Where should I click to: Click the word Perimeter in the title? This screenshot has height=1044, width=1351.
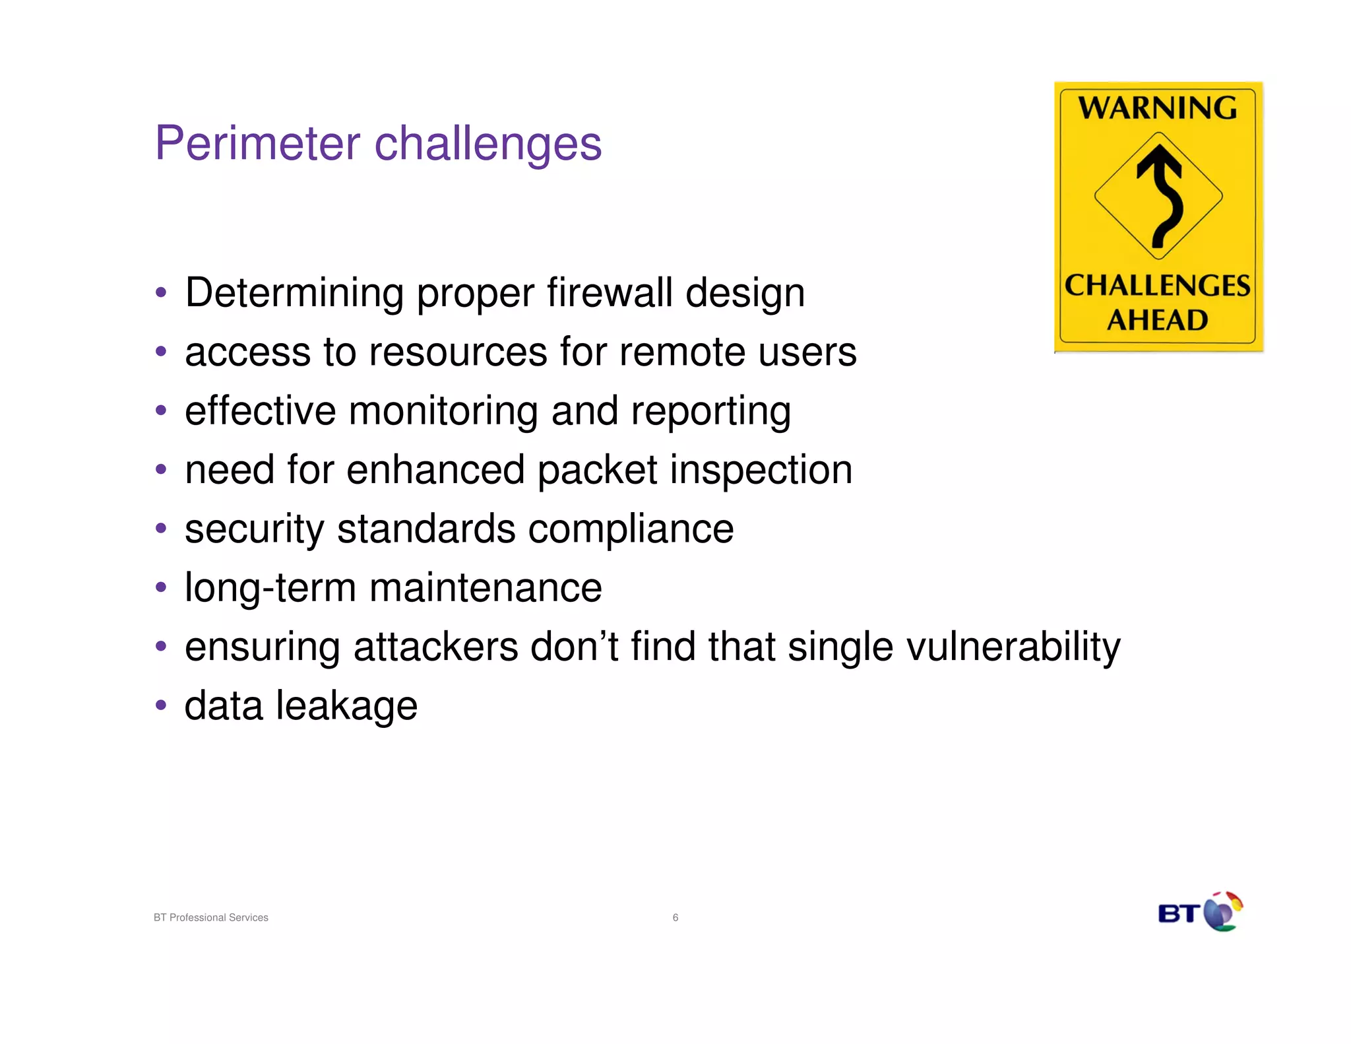pyautogui.click(x=257, y=143)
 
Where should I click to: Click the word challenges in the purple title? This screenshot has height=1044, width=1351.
pyautogui.click(x=487, y=143)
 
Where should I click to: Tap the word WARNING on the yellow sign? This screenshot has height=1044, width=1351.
pyautogui.click(x=1158, y=108)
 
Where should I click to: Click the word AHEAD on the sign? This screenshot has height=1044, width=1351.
pyautogui.click(x=1158, y=321)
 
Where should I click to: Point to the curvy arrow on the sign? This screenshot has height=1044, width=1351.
pyautogui.click(x=1161, y=195)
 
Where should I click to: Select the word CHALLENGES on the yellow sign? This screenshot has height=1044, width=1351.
pyautogui.click(x=1158, y=286)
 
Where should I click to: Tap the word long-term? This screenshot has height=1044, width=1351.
pyautogui.click(x=270, y=588)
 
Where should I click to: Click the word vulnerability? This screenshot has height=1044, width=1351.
pyautogui.click(x=1013, y=647)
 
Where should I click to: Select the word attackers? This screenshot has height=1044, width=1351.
pyautogui.click(x=436, y=647)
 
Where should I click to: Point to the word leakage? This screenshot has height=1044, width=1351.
pyautogui.click(x=346, y=706)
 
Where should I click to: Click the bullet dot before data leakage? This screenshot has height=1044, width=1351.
pyautogui.click(x=161, y=705)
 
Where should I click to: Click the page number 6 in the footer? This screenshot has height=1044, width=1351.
pyautogui.click(x=675, y=917)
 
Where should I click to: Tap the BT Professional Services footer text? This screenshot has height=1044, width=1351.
pyautogui.click(x=211, y=917)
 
